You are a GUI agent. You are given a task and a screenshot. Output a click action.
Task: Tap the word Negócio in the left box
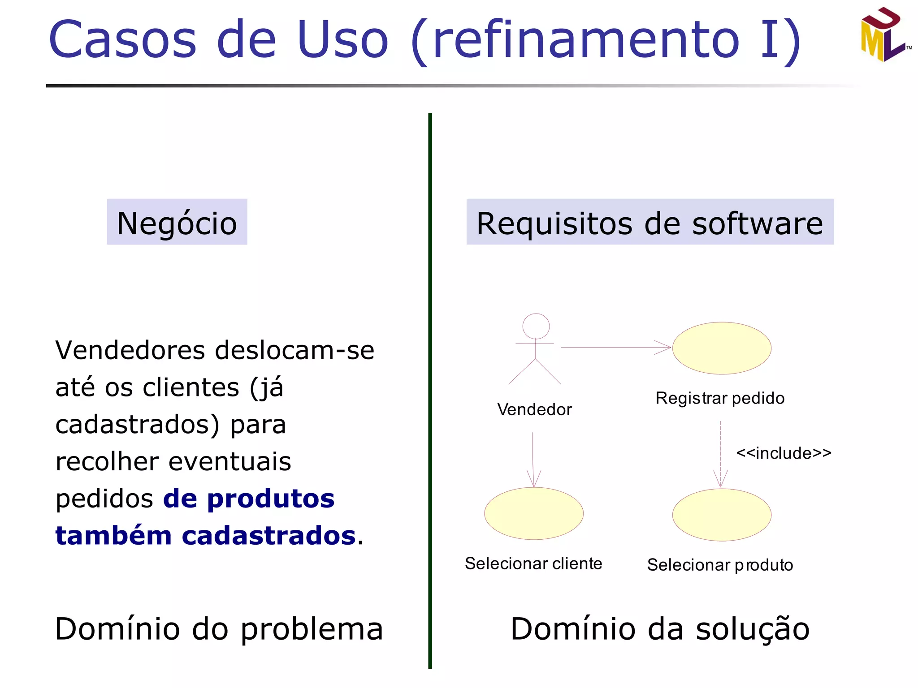click(177, 223)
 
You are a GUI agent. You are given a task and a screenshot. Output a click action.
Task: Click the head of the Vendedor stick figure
click(536, 326)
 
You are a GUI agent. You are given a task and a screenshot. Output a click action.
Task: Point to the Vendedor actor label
click(534, 409)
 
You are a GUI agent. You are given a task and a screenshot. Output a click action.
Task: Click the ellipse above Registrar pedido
click(721, 348)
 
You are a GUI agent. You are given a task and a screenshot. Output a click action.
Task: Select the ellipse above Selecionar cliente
click(533, 513)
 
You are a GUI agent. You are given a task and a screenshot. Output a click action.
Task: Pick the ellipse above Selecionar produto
click(721, 515)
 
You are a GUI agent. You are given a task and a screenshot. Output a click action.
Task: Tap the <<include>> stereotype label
click(784, 453)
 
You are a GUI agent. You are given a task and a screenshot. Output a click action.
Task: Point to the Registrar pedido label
click(720, 398)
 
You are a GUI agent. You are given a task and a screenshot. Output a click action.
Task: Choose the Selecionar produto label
click(720, 565)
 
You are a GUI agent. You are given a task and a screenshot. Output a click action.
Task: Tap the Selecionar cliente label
click(533, 563)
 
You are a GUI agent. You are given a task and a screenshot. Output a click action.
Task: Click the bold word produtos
click(271, 499)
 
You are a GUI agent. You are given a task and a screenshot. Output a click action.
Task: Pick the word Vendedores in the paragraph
click(130, 350)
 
